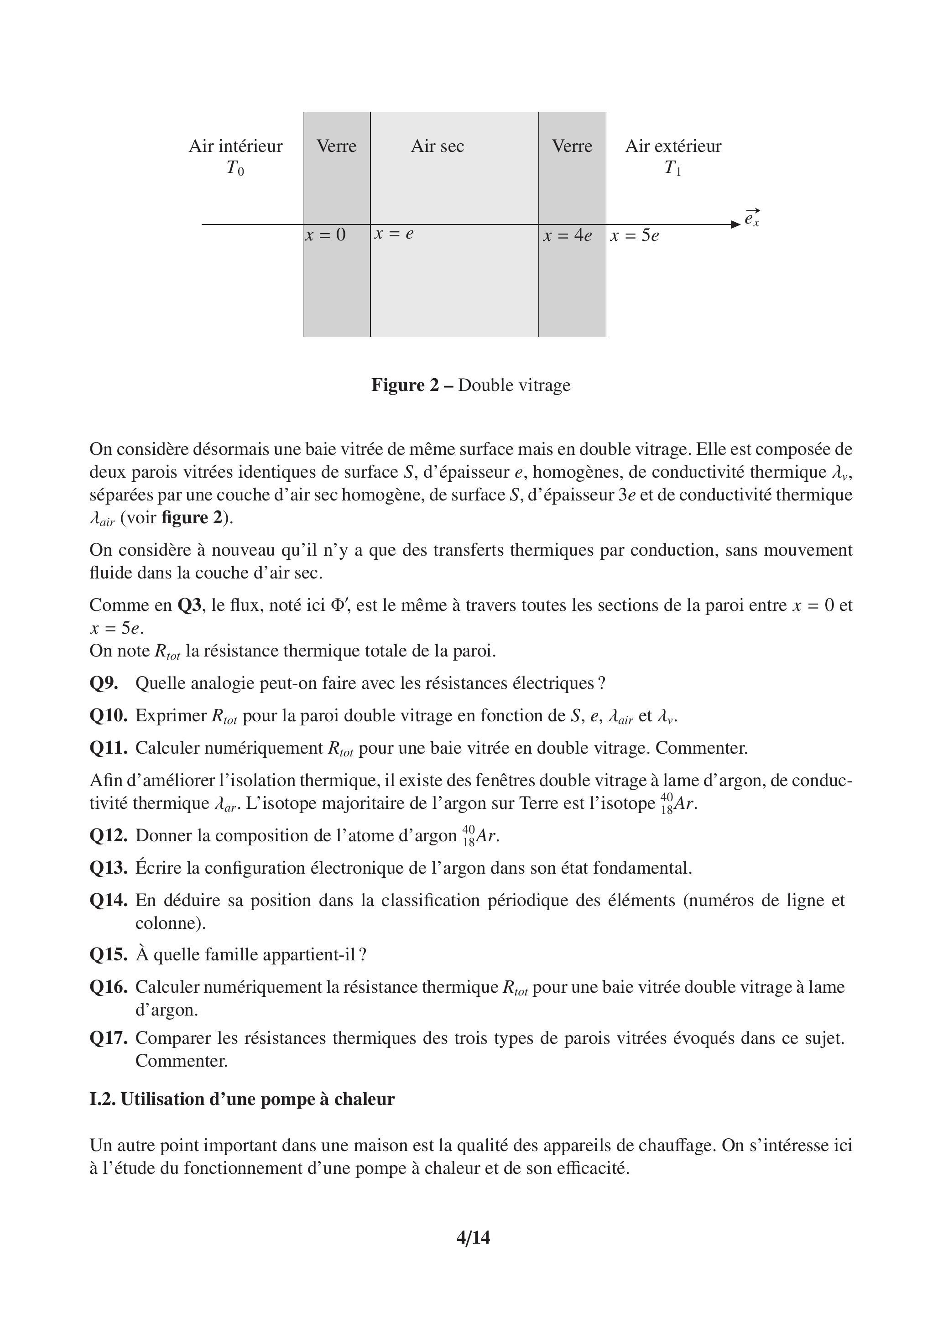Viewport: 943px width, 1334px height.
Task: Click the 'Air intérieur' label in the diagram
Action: (x=235, y=146)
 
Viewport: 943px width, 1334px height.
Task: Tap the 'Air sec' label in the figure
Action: (x=438, y=146)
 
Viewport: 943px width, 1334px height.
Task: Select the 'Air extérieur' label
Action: (x=673, y=146)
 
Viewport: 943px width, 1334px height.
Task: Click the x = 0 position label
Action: (x=325, y=235)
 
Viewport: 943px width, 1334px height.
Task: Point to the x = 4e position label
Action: (x=567, y=235)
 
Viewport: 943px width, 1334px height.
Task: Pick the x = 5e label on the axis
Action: (x=635, y=235)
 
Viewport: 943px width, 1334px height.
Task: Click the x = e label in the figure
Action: (x=394, y=234)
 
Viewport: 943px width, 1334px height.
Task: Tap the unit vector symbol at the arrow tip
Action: (x=752, y=219)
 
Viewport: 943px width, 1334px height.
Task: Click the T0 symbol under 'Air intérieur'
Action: (x=235, y=168)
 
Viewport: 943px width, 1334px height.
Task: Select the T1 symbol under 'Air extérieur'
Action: (x=672, y=168)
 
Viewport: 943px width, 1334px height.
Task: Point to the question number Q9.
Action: (x=104, y=683)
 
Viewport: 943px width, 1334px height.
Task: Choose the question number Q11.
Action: (x=108, y=748)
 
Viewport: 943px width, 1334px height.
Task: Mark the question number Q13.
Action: (x=108, y=868)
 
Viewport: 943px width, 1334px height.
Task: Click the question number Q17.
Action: (x=108, y=1038)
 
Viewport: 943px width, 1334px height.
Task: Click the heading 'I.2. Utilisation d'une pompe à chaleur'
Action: (x=242, y=1099)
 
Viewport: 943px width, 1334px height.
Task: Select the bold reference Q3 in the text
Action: (x=189, y=605)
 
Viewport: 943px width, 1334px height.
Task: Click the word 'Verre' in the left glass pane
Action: (x=336, y=146)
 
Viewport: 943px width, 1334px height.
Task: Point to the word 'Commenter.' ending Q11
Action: (x=701, y=748)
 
